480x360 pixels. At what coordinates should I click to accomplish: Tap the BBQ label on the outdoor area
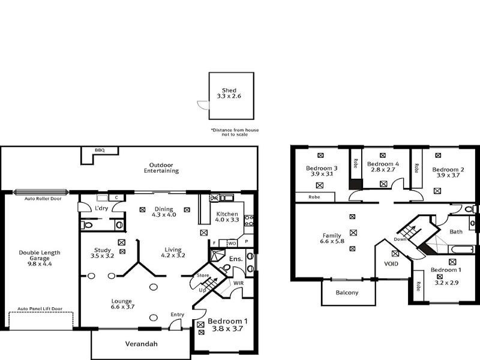[99, 150]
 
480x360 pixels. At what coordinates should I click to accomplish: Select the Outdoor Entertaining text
[161, 167]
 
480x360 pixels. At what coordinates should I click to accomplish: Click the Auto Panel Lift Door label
[40, 307]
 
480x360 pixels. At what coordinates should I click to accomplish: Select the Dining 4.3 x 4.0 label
[164, 212]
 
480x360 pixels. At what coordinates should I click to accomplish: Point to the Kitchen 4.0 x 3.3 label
[227, 217]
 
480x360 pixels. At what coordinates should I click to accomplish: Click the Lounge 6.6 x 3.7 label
[121, 304]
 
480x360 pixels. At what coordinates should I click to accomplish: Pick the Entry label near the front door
[178, 314]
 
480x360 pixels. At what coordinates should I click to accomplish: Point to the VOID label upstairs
[391, 263]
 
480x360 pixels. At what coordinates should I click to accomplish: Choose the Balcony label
[346, 292]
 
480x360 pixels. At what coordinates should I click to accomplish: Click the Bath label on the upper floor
[456, 232]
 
